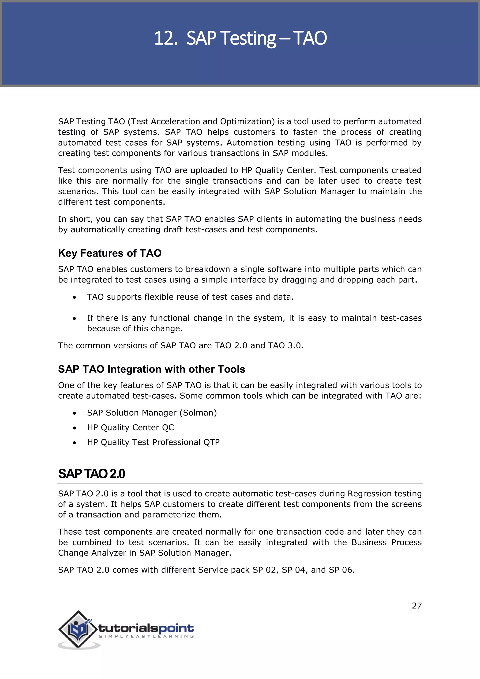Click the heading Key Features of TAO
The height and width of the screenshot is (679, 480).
(x=110, y=253)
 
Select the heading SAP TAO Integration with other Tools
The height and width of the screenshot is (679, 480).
(x=151, y=369)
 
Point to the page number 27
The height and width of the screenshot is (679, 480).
(x=416, y=606)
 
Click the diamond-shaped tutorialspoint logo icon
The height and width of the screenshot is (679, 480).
(x=78, y=629)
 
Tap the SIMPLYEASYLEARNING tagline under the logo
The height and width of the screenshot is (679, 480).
(x=146, y=636)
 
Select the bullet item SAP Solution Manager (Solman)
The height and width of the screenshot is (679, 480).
(x=152, y=413)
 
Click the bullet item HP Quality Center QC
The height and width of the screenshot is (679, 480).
(x=130, y=427)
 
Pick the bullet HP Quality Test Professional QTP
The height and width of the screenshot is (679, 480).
(x=153, y=442)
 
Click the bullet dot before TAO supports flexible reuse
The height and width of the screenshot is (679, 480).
(x=75, y=297)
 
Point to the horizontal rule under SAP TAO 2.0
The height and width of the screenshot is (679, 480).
(x=240, y=483)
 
